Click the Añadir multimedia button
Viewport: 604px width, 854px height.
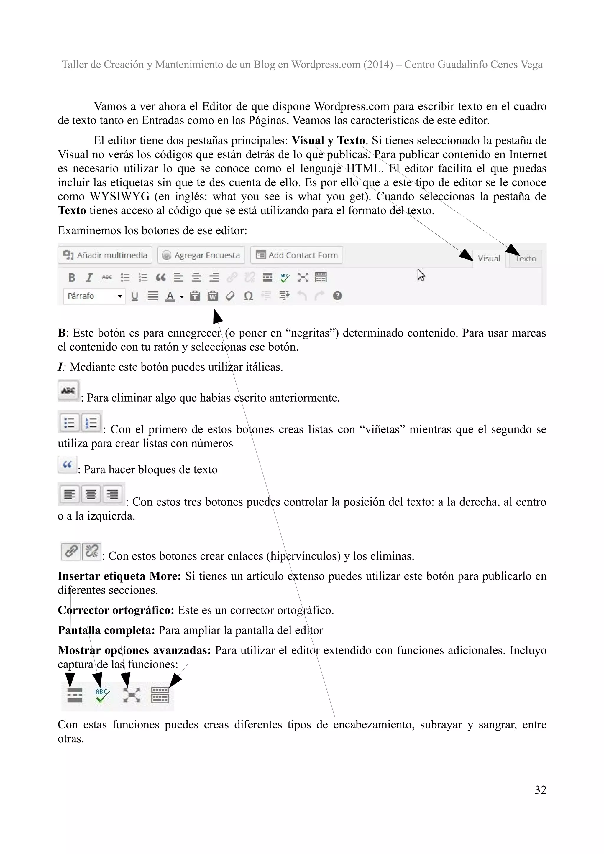click(x=105, y=255)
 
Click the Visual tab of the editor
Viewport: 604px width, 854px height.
click(x=489, y=258)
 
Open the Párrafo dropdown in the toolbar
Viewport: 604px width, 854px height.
click(x=94, y=296)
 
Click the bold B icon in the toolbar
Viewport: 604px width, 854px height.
click(x=72, y=278)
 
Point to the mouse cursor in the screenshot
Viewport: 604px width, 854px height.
click(x=421, y=275)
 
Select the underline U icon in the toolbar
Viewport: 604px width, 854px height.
click(x=135, y=296)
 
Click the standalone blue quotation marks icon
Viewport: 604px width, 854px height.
click(x=67, y=464)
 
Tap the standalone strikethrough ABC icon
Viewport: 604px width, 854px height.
click(x=68, y=390)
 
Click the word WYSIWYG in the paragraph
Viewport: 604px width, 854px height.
click(x=119, y=196)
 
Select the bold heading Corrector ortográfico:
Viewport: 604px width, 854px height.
click(x=116, y=610)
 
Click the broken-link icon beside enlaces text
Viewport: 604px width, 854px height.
click(x=91, y=551)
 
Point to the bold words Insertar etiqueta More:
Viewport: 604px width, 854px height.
click(x=119, y=576)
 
